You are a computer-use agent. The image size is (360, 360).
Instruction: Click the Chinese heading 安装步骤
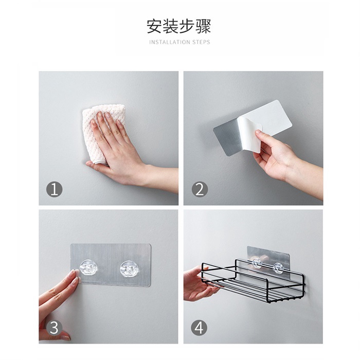coord(178,26)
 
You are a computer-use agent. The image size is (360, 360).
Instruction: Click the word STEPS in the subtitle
coord(202,42)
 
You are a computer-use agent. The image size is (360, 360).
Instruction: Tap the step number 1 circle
coord(55,190)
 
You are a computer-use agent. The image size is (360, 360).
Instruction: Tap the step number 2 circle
coord(200,190)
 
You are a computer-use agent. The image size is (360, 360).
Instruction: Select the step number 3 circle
coord(54,328)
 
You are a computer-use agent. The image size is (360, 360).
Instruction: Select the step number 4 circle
coord(199,328)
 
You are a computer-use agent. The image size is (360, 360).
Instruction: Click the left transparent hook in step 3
coord(88,268)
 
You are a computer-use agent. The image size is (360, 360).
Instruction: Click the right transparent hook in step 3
coord(129,268)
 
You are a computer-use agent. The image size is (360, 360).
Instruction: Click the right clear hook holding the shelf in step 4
coord(278,268)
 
